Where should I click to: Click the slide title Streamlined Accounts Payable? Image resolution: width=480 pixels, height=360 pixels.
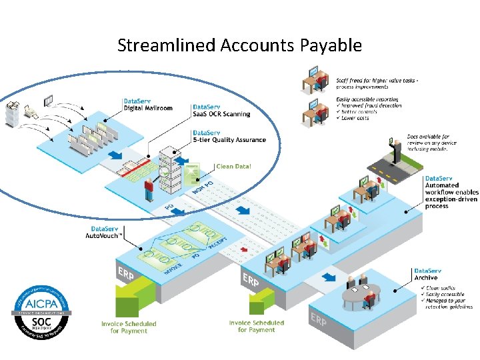pyautogui.click(x=239, y=45)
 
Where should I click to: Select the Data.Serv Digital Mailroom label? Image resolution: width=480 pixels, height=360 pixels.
pyautogui.click(x=147, y=104)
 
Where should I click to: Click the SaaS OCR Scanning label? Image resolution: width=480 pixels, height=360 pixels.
pyautogui.click(x=221, y=110)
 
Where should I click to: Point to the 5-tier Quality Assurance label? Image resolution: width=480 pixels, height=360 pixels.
pyautogui.click(x=229, y=137)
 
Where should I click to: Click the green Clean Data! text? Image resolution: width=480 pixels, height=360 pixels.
pyautogui.click(x=233, y=166)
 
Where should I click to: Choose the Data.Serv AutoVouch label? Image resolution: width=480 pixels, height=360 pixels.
pyautogui.click(x=105, y=233)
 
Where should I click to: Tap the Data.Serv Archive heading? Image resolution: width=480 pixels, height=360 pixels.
pyautogui.click(x=427, y=274)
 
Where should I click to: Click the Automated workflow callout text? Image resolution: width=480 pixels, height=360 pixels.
pyautogui.click(x=451, y=192)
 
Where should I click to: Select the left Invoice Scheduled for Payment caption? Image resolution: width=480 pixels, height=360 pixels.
pyautogui.click(x=129, y=327)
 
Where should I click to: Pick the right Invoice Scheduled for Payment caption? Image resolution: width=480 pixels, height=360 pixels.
pyautogui.click(x=257, y=326)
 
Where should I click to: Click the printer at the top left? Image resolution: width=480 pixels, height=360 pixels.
pyautogui.click(x=13, y=113)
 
